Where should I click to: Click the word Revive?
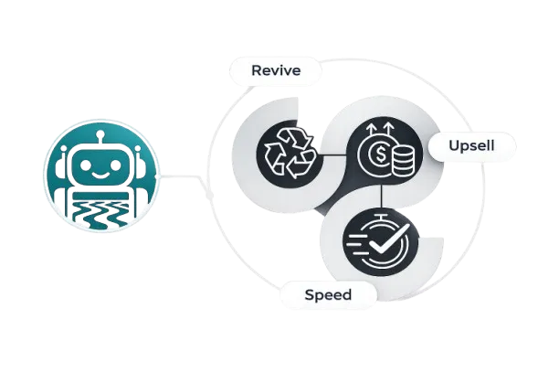pos(275,69)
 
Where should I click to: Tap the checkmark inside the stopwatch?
pos(385,242)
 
